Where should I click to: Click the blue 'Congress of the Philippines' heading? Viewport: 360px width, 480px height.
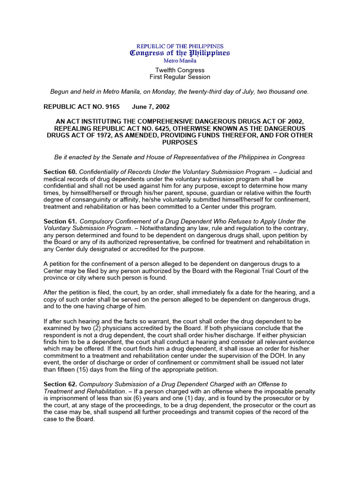(x=180, y=53)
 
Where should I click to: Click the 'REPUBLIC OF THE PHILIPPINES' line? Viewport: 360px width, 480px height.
(x=180, y=46)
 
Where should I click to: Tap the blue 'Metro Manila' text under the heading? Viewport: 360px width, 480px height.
(x=180, y=60)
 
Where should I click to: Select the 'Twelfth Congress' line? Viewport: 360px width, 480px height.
(x=180, y=70)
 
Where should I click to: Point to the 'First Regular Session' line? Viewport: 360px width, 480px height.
(x=180, y=77)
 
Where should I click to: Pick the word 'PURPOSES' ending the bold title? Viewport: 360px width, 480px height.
(x=180, y=142)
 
